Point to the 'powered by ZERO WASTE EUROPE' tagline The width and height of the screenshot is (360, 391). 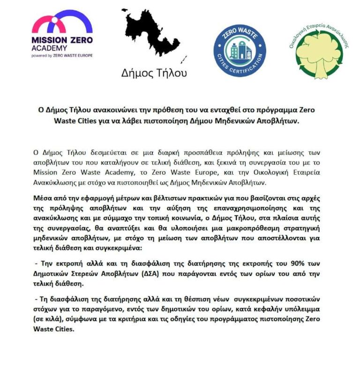click(62, 55)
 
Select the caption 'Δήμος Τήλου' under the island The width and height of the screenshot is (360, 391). click(154, 73)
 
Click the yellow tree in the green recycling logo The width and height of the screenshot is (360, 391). click(319, 50)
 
